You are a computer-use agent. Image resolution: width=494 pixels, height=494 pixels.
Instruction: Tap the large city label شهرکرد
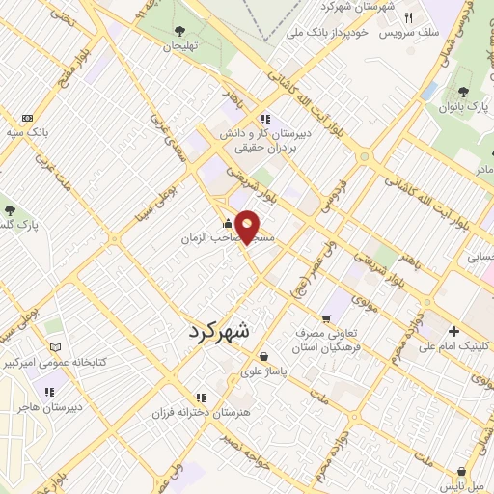(213, 330)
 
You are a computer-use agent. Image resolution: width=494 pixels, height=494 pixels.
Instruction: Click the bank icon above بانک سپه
(26, 118)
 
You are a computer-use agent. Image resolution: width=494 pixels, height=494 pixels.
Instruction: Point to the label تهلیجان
(179, 45)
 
